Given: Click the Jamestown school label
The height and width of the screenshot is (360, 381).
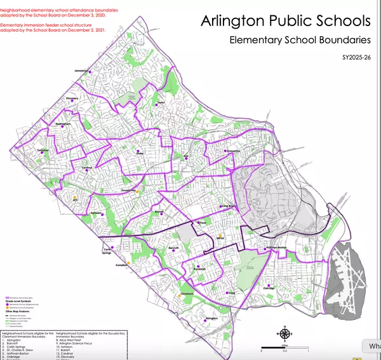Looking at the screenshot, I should pos(81,70).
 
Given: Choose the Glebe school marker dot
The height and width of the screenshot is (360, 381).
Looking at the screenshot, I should pos(138,151).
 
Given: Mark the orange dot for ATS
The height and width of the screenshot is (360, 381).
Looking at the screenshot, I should pos(75,197).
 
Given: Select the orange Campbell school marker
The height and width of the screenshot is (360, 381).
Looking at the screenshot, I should pos(128,262).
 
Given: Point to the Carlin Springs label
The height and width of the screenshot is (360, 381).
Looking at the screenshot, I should pos(111,252).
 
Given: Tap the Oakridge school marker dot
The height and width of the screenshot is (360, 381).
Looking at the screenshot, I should pos(268,284).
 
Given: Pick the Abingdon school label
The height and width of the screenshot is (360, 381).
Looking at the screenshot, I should pos(212,318).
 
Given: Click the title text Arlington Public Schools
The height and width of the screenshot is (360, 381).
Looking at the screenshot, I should pos(285,22).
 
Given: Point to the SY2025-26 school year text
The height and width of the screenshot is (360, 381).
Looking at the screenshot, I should pos(355,60).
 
